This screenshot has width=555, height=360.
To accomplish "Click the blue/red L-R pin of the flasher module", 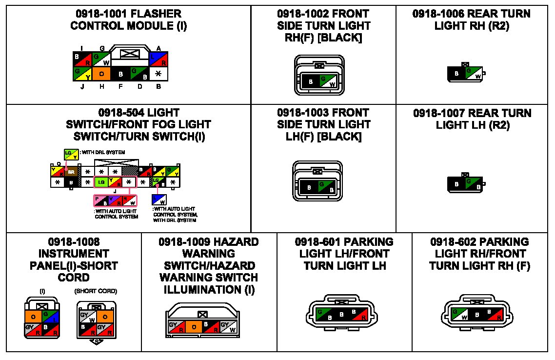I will [159, 59].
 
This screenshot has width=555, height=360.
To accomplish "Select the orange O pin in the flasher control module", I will [102, 74].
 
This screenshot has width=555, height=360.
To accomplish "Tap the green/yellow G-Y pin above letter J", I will [83, 74].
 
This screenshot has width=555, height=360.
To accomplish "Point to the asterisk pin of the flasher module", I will [159, 74].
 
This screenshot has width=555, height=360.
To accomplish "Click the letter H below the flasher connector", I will [102, 87].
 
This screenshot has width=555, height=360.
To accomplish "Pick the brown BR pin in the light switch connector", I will [71, 172].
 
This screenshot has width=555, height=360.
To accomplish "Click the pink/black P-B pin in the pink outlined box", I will [101, 200].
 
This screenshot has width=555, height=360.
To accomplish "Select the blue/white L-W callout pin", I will [158, 200].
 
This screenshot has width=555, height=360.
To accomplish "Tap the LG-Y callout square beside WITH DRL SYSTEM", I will [71, 155].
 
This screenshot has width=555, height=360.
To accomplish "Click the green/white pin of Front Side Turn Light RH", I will [328, 81].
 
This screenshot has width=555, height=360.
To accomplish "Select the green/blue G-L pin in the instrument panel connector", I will [49, 316].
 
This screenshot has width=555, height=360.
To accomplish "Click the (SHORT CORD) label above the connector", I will [96, 291].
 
